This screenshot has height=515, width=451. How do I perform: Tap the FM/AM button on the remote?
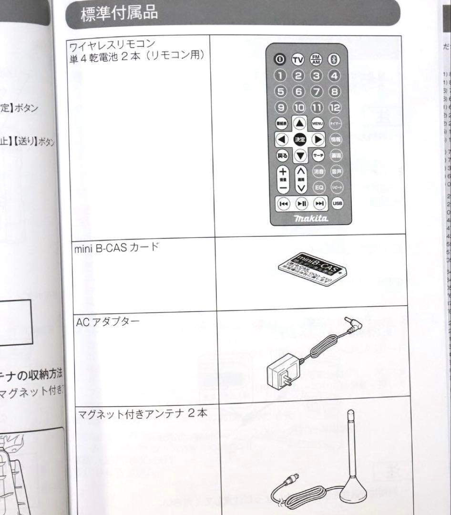(316, 60)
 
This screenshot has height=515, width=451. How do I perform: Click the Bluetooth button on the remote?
(333, 60)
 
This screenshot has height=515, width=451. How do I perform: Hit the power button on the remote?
(280, 60)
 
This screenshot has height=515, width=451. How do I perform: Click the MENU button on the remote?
(318, 123)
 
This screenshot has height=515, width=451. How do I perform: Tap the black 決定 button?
(300, 139)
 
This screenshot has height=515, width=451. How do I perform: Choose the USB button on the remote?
(338, 204)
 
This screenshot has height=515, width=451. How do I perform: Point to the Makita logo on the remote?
(310, 218)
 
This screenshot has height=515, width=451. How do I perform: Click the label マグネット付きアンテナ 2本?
(143, 413)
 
